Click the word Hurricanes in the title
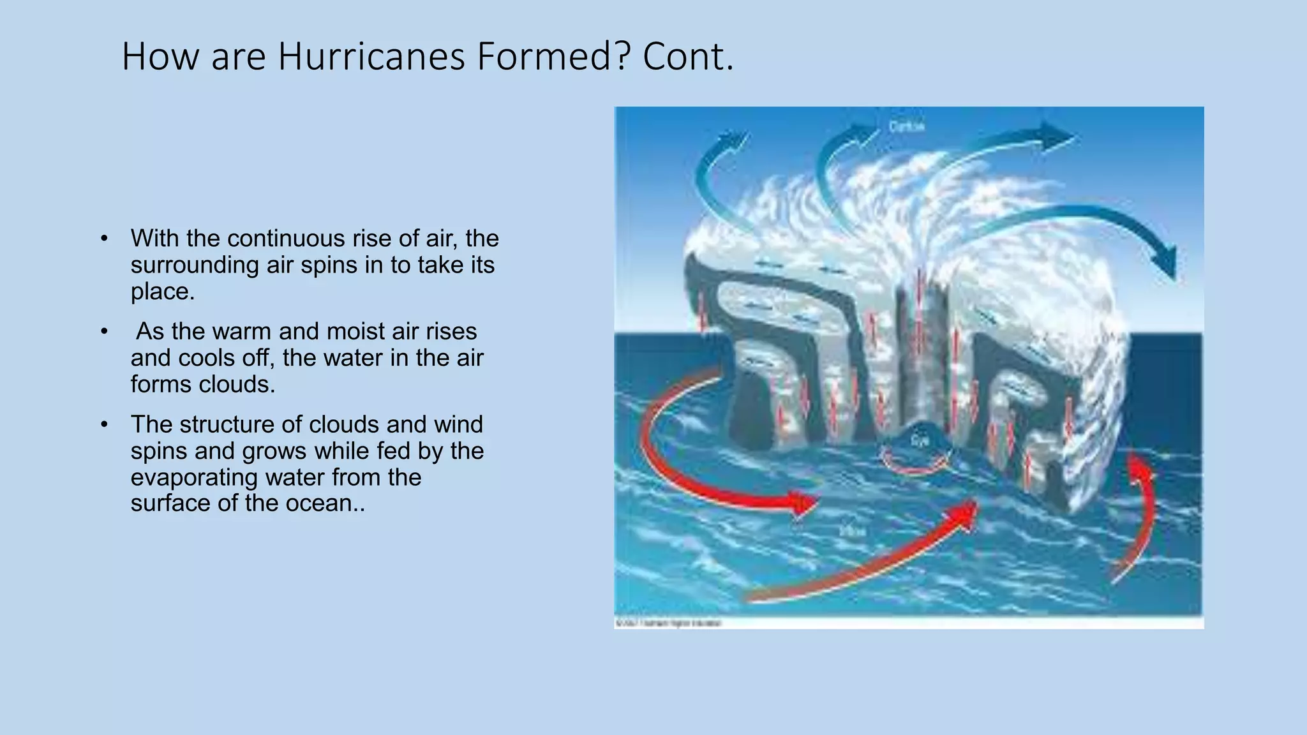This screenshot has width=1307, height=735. click(x=371, y=56)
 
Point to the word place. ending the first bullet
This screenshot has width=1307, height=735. click(x=162, y=292)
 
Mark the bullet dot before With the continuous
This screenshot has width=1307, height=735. click(x=104, y=239)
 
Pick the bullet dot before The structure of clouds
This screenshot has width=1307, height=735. click(x=104, y=425)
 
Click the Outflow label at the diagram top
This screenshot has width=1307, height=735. click(x=906, y=126)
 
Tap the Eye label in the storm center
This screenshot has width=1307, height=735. click(x=919, y=441)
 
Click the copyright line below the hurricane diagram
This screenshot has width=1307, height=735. click(x=668, y=623)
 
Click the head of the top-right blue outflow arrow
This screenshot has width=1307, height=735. click(x=1056, y=136)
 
